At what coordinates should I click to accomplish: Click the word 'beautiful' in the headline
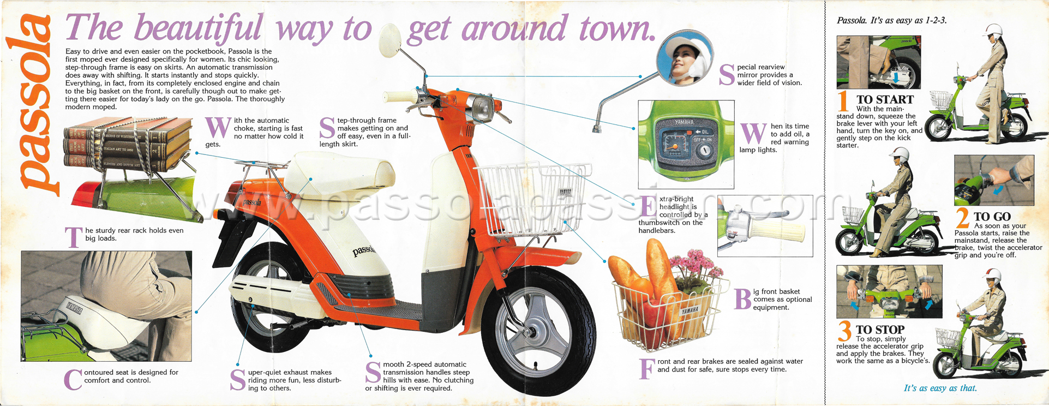199,27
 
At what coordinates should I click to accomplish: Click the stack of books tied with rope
128,143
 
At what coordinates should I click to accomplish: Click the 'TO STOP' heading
880,330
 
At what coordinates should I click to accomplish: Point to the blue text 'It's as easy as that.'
940,388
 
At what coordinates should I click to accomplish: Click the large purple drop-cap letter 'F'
646,369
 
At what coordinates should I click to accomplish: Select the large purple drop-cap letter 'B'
743,299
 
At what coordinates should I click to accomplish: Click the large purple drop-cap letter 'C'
73,380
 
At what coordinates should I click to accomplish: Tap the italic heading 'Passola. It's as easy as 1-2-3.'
892,20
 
